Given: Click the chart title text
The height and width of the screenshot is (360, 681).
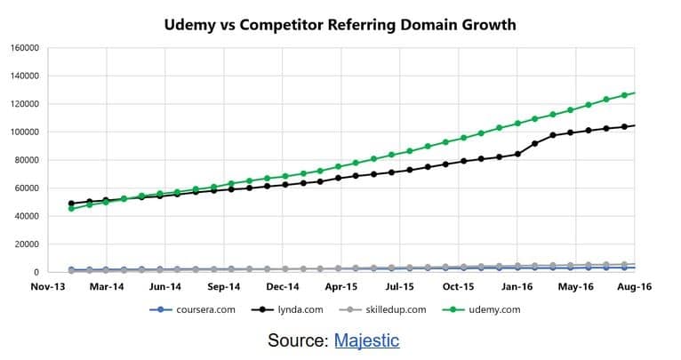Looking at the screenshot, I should (x=340, y=24).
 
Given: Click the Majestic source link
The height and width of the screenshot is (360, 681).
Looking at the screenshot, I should (x=366, y=340).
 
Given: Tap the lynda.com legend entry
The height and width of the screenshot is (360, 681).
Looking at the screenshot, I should (x=283, y=310).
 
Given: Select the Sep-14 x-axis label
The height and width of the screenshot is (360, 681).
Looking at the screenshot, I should (x=223, y=288).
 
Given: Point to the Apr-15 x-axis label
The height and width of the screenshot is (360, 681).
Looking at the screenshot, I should (x=341, y=288).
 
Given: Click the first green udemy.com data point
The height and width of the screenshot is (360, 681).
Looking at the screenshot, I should (x=71, y=208).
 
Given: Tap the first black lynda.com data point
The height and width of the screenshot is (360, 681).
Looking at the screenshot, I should (x=71, y=204).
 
